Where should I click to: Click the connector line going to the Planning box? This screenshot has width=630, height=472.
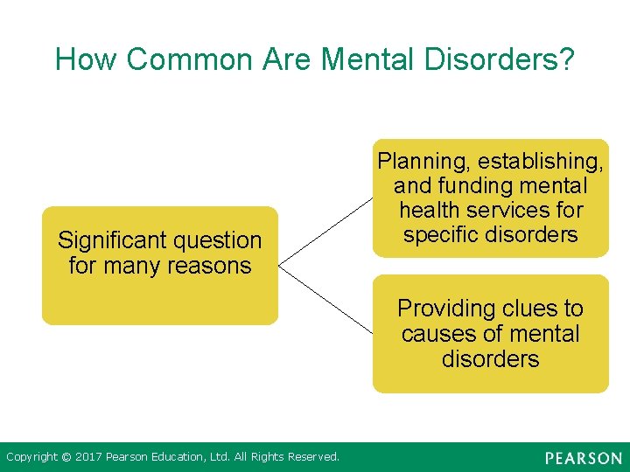(x=325, y=229)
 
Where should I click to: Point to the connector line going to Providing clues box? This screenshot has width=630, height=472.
(x=325, y=297)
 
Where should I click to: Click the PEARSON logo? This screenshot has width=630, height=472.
(x=584, y=458)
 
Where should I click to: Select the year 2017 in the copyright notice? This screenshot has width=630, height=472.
(x=87, y=457)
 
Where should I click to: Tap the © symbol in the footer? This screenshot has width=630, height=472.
(x=65, y=457)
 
